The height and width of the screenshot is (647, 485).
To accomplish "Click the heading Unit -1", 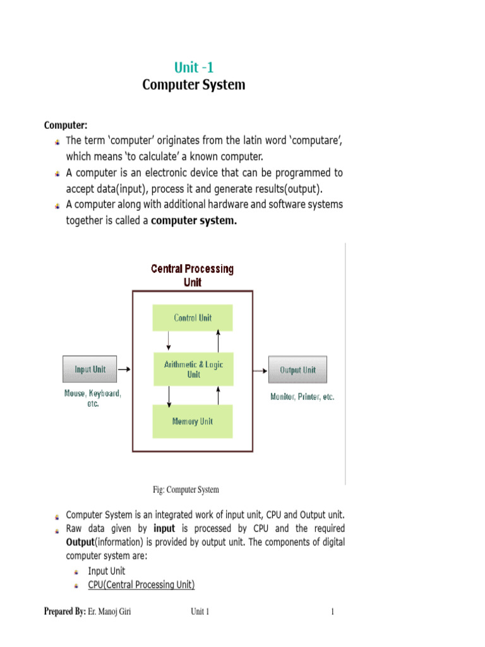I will pyautogui.click(x=193, y=67).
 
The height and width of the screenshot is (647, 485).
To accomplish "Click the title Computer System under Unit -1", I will pyautogui.click(x=193, y=85).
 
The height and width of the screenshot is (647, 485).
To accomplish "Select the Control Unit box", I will pyautogui.click(x=193, y=318).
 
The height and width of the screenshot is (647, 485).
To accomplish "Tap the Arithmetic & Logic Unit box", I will pyautogui.click(x=193, y=369).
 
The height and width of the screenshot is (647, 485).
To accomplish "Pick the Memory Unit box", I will pyautogui.click(x=193, y=421).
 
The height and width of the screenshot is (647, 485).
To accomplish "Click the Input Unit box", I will pyautogui.click(x=90, y=370).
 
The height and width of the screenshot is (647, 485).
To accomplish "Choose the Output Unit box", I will pyautogui.click(x=297, y=370).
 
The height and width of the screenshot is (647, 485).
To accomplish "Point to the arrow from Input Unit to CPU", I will pyautogui.click(x=124, y=369).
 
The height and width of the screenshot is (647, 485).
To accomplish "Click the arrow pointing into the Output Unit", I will pyautogui.click(x=260, y=370).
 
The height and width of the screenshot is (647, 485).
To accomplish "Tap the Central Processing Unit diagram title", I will pyautogui.click(x=192, y=275).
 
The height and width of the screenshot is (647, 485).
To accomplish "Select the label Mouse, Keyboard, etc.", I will pyautogui.click(x=93, y=398).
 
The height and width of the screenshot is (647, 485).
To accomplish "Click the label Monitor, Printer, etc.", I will pyautogui.click(x=302, y=397).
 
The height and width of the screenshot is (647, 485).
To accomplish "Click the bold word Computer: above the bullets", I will pyautogui.click(x=65, y=124).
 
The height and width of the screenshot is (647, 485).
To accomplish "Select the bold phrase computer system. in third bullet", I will pyautogui.click(x=194, y=221).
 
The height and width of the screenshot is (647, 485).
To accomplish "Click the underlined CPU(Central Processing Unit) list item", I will pyautogui.click(x=141, y=585).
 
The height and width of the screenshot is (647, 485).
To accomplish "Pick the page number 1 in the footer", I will pyautogui.click(x=332, y=612).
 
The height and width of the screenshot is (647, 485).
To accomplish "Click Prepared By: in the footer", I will pyautogui.click(x=64, y=612).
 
